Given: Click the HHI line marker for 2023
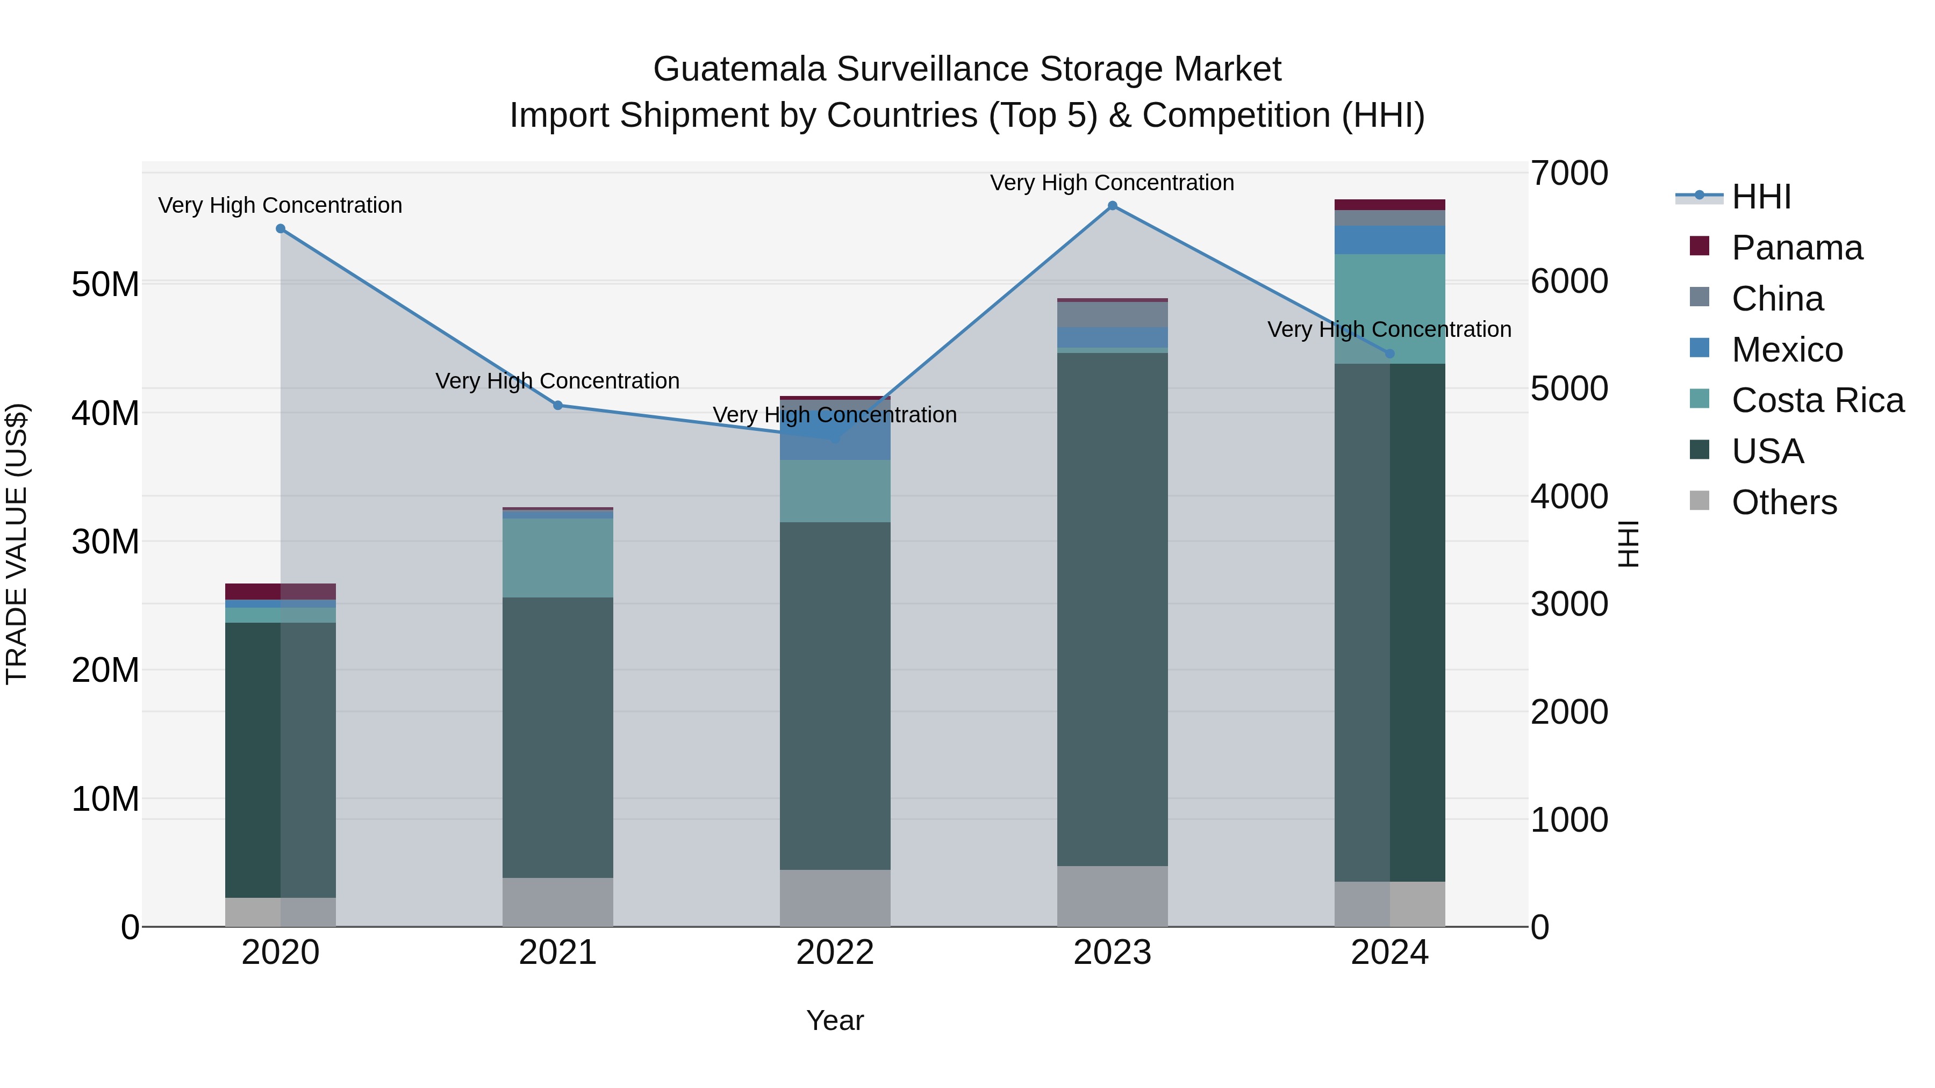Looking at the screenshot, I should click(x=1113, y=206).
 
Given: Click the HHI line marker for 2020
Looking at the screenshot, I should click(x=280, y=228).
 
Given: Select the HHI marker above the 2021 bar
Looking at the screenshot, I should click(x=557, y=406).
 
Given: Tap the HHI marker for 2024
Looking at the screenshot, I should click(x=1389, y=353).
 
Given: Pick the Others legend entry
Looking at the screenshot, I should click(x=1783, y=502).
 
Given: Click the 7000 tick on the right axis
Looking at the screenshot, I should click(x=1569, y=174).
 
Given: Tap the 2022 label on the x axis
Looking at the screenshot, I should click(x=835, y=953).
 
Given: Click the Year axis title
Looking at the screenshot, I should click(x=835, y=1020).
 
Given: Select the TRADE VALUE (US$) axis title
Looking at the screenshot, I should click(x=17, y=544).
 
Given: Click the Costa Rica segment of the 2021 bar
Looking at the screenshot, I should click(x=557, y=558).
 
